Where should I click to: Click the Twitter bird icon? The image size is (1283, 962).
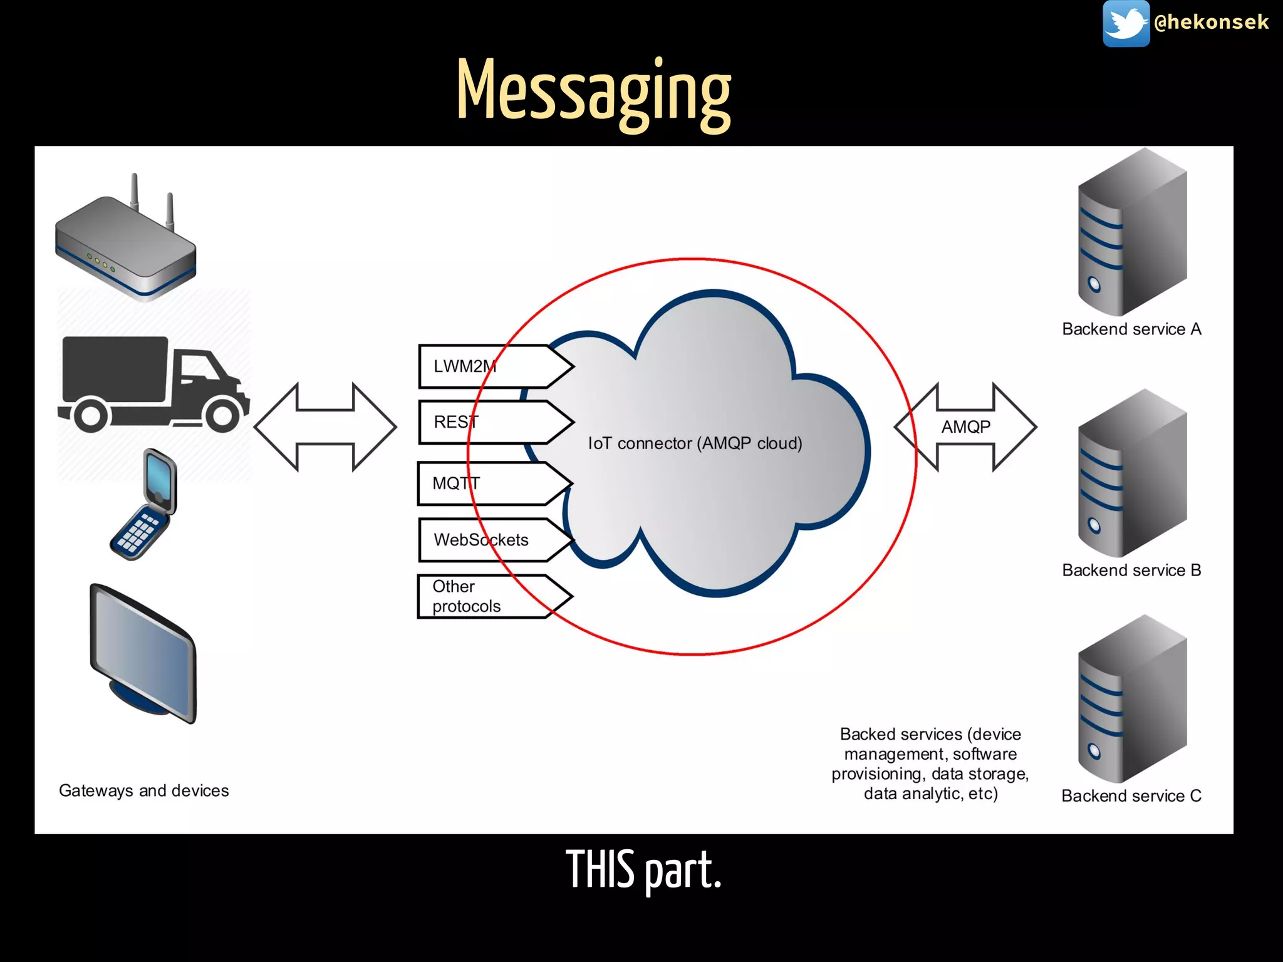coord(1126,23)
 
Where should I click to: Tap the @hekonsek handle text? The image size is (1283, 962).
coord(1211,23)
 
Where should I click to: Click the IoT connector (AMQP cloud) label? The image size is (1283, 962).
coord(695,443)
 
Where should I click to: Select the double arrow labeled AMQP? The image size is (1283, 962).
coord(965,427)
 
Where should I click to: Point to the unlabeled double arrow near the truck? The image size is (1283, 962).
coord(325,427)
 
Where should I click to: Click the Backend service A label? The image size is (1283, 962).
coord(1131,329)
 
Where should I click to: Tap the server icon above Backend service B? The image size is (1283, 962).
coord(1131,473)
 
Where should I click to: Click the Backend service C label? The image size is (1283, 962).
coord(1131,796)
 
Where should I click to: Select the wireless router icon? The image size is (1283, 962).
coord(126,244)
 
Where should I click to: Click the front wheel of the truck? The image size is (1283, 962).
coord(222,415)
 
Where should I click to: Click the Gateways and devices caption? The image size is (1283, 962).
coord(143,791)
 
